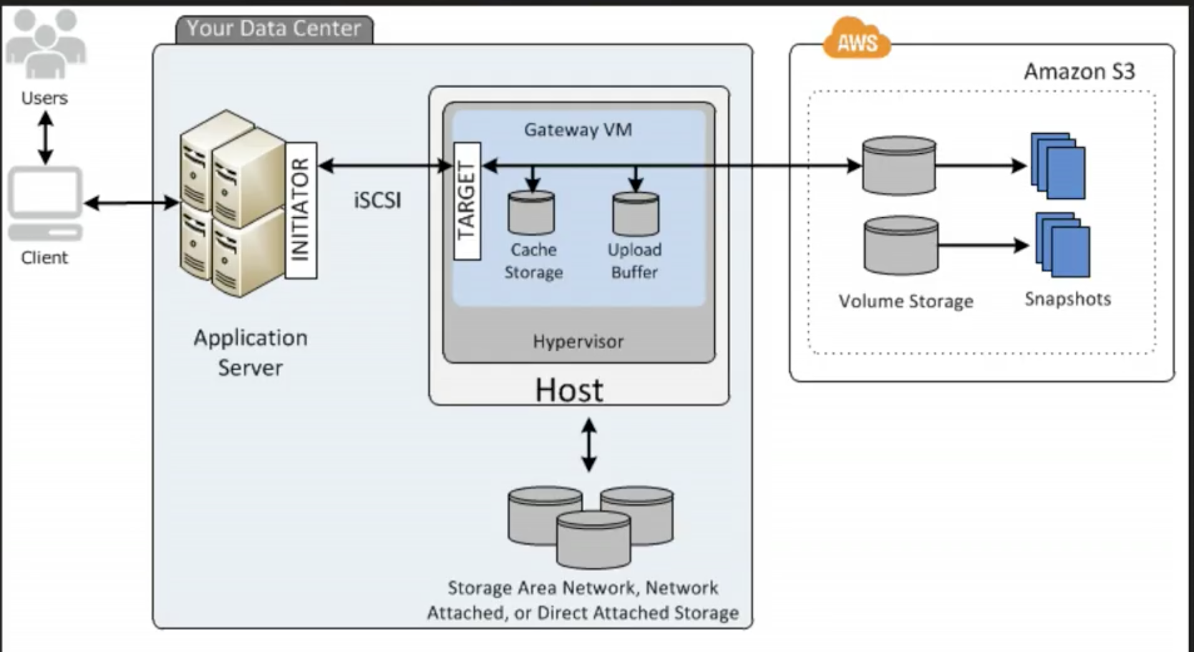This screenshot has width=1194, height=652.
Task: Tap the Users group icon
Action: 45,44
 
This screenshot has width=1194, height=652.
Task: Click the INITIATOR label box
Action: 301,209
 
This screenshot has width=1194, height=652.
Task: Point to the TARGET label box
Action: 467,201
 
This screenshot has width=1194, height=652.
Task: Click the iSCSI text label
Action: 377,200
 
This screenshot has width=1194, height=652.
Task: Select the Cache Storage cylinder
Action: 531,213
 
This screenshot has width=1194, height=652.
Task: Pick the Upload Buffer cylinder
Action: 636,214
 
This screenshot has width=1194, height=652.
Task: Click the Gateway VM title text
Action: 578,130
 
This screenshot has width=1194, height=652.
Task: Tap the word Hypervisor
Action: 578,341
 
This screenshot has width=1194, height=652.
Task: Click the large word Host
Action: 569,390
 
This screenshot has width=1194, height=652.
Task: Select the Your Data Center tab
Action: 274,29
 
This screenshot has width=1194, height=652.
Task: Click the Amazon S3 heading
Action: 1079,72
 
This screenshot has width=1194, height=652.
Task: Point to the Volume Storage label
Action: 906,301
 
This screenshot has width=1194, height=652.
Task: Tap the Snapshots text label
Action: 1067,299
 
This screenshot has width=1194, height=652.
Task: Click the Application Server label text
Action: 251,353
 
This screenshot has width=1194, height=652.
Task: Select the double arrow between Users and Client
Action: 45,138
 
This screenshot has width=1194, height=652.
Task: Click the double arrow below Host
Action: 588,445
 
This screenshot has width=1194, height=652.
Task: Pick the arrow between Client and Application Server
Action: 132,203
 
